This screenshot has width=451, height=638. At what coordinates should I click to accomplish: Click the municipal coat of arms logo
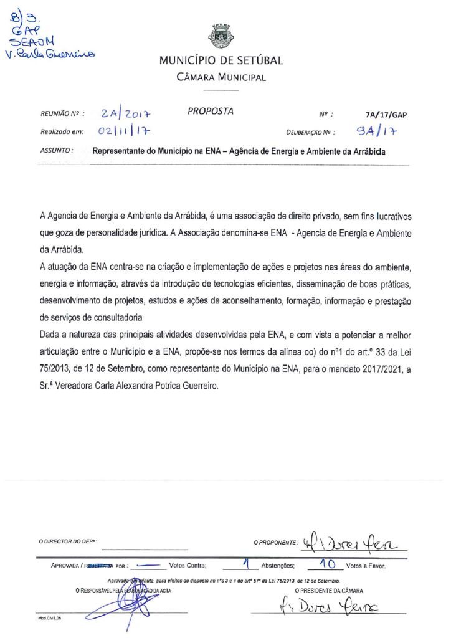(222, 36)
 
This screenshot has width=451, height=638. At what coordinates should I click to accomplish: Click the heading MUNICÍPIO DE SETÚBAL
(221, 61)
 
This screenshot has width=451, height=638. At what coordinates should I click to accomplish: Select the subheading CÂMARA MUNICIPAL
(221, 78)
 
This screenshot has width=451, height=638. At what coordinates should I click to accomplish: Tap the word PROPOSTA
(210, 112)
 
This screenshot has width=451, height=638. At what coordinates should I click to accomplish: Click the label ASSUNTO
(57, 151)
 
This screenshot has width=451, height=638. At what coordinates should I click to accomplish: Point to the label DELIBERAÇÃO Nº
(311, 133)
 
